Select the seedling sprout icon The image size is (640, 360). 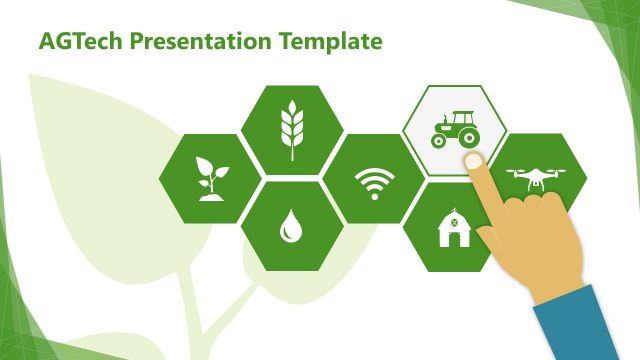coord(211,178)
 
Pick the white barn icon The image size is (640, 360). coord(453,227)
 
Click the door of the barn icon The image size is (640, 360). coord(453,237)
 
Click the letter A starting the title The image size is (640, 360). coord(46,42)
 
